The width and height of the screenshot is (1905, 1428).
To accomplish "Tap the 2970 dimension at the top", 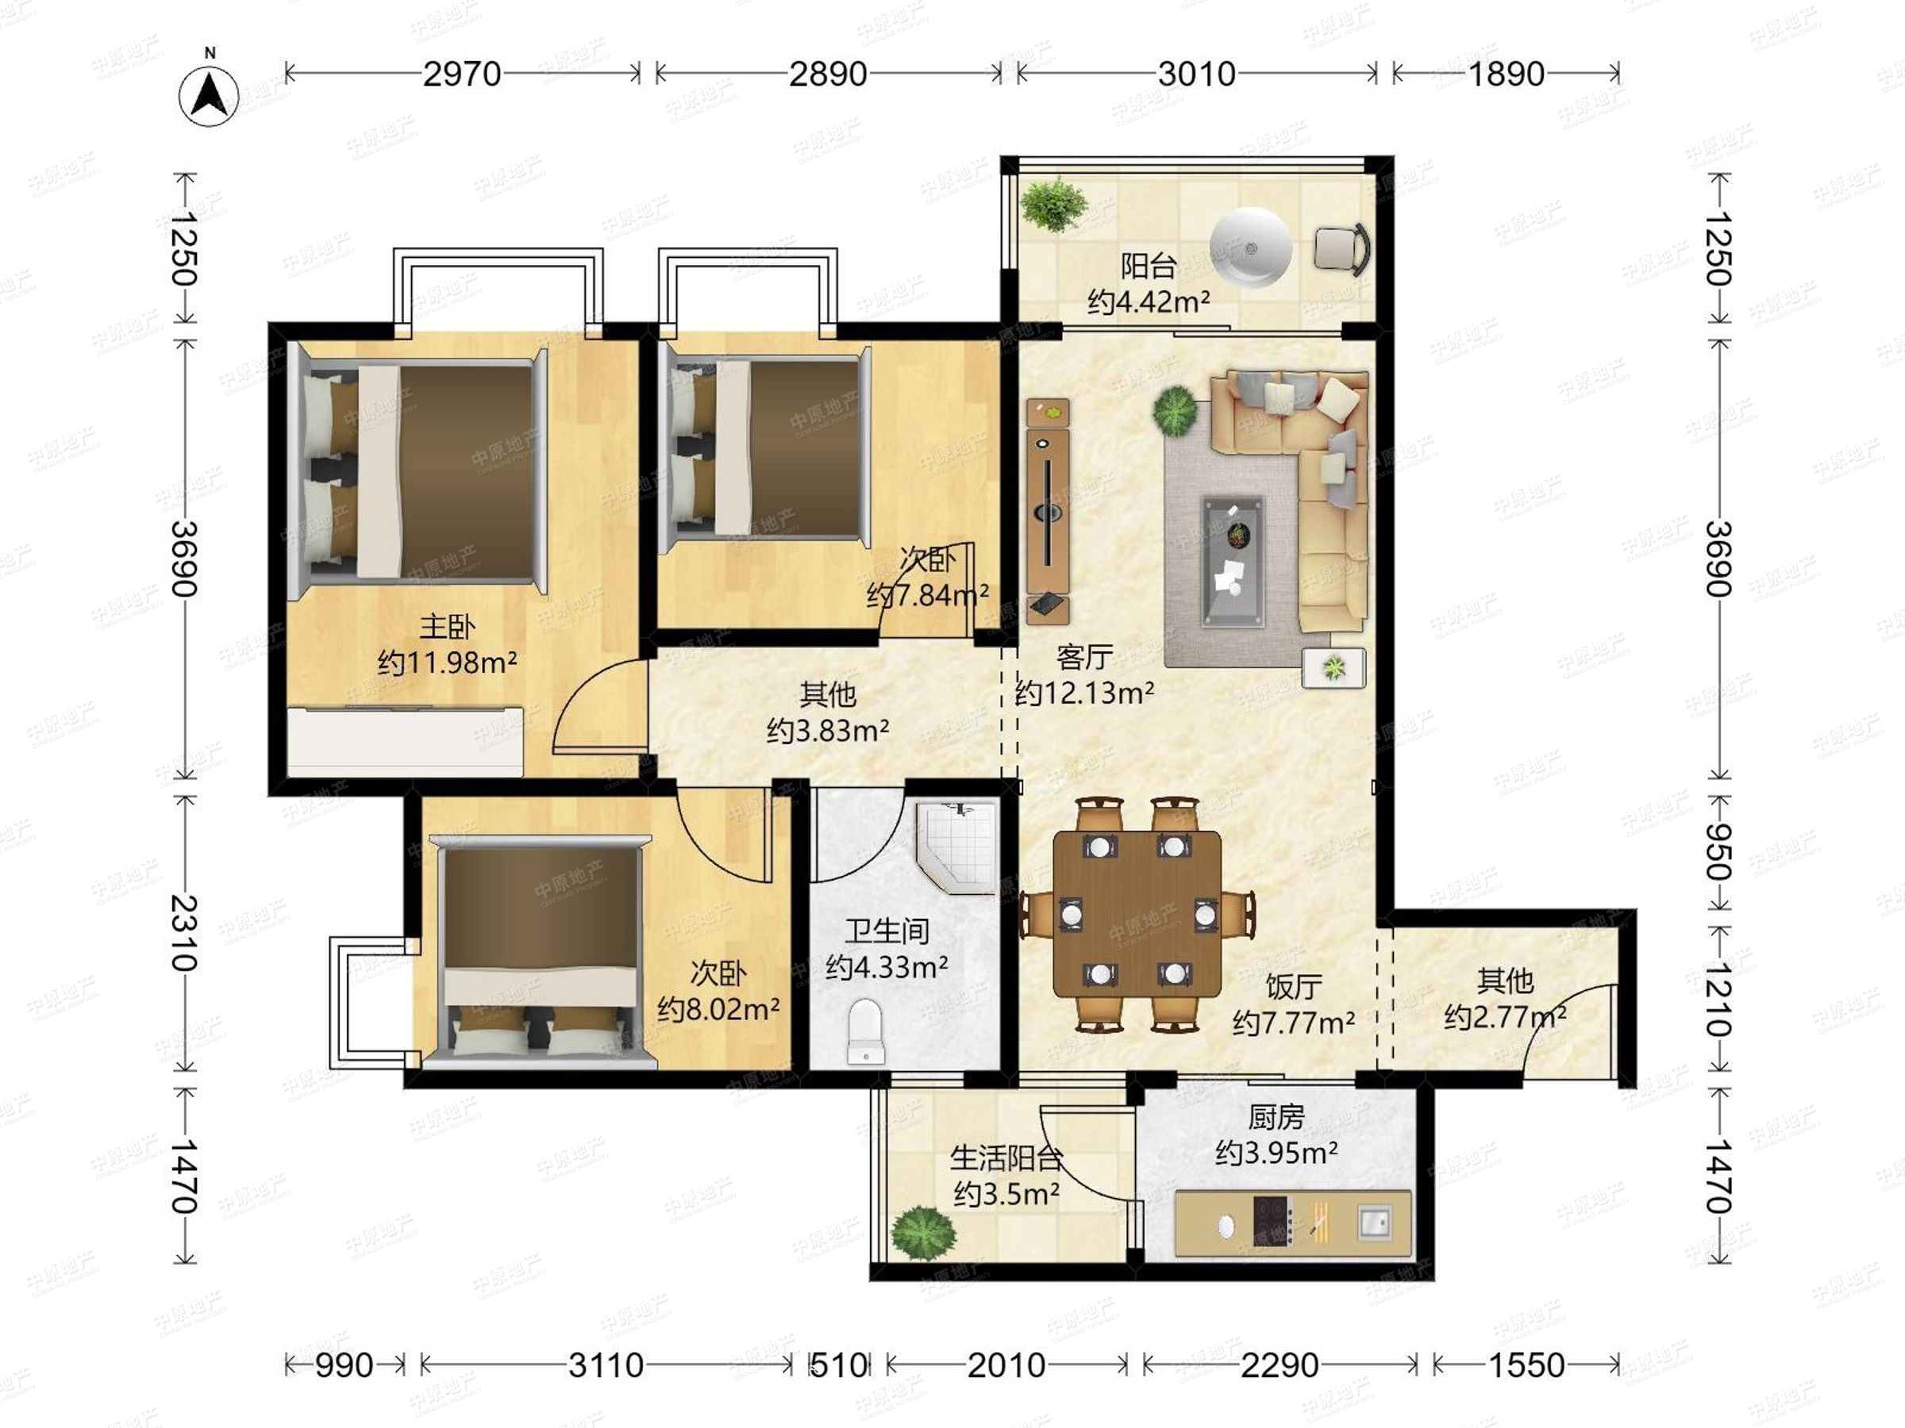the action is [462, 74].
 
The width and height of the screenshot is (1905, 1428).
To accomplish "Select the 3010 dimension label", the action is [1196, 74].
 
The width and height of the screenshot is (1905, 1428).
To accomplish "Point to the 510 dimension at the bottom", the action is [839, 1365].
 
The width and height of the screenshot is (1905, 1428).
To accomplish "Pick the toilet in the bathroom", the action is [867, 1031].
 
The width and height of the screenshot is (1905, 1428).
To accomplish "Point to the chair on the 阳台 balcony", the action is [1341, 249].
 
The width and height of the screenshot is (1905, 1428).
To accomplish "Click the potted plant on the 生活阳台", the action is [923, 1233].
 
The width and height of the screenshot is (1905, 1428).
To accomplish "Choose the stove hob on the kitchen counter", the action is [1274, 1221].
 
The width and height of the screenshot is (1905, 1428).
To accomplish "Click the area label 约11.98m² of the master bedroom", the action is [447, 662].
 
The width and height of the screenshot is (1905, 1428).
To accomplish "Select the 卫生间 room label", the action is [887, 931].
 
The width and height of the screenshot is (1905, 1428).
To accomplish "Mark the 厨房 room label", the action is [1276, 1117].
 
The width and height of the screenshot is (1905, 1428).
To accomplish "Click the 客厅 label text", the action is [1084, 657].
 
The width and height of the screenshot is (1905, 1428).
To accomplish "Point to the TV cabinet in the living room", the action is [1048, 511].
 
